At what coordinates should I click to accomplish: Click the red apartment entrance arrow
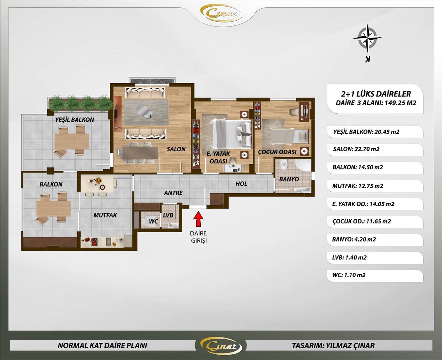[x=199, y=219]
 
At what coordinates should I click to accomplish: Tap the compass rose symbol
[x=367, y=39]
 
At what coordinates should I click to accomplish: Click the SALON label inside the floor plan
[x=176, y=149]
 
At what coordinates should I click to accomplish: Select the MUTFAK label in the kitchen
[x=105, y=215]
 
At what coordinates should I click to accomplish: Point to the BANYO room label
[x=289, y=179]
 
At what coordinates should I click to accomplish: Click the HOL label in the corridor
[x=241, y=184]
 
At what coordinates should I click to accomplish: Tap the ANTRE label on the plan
[x=173, y=193]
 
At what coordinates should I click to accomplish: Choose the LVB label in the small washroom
[x=168, y=215]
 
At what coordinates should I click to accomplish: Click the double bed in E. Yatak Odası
[x=231, y=134]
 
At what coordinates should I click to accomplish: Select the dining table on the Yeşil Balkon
[x=71, y=141]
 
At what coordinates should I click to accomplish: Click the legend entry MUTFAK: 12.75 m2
[x=358, y=186]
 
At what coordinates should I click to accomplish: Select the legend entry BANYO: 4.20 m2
[x=354, y=239]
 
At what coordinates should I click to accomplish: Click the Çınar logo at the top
[x=221, y=14]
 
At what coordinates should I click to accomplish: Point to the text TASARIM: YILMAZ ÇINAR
[x=333, y=346]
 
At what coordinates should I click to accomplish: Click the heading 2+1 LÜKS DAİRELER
[x=376, y=94]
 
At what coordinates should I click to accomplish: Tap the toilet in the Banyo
[x=283, y=165]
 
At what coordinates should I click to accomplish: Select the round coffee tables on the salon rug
[x=145, y=112]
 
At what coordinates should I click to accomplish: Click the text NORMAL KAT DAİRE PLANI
[x=102, y=346]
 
